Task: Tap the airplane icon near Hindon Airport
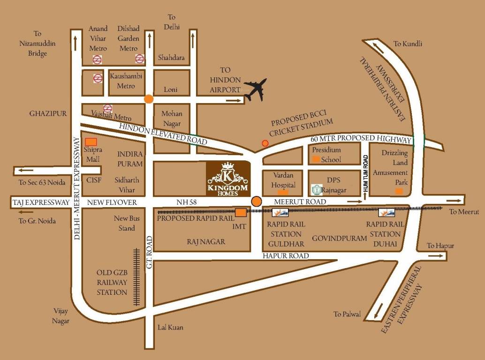click(255, 90)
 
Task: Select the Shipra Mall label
click(92, 155)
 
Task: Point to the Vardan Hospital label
click(283, 179)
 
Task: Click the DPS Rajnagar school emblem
click(317, 190)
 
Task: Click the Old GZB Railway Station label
click(112, 282)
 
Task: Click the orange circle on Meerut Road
click(256, 202)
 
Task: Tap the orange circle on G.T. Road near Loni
click(148, 99)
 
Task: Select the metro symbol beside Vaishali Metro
click(107, 108)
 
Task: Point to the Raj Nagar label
click(206, 241)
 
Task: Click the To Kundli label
click(408, 44)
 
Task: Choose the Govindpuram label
click(339, 238)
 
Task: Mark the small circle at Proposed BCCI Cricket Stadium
click(265, 143)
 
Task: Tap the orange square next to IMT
click(241, 213)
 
